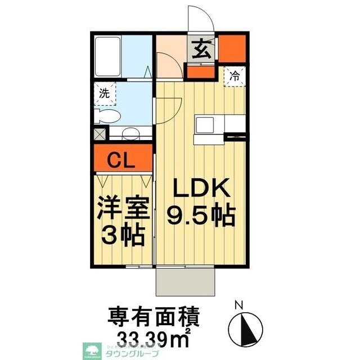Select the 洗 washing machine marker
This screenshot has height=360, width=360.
point(105,94)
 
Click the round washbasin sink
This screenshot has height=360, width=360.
point(131,134)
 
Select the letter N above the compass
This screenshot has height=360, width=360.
point(238,305)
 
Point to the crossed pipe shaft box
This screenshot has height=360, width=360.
point(100,134)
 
